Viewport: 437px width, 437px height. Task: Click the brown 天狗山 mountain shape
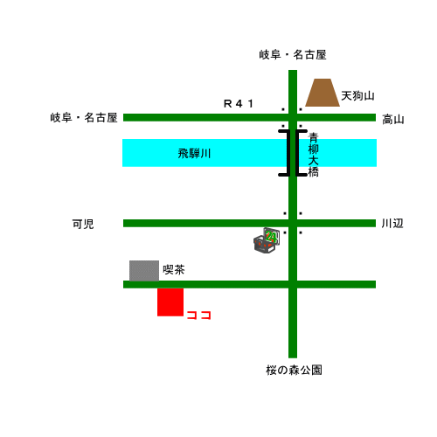[323, 93]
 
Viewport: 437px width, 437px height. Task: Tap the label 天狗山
[357, 96]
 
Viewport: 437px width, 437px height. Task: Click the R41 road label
[239, 103]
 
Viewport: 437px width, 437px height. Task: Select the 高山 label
[393, 120]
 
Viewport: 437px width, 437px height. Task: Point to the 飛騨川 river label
[194, 153]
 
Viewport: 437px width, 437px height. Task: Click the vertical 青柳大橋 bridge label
[313, 155]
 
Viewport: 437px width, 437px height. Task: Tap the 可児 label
[83, 224]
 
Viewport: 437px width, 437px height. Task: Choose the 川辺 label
[392, 224]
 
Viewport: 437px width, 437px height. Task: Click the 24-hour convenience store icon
[267, 240]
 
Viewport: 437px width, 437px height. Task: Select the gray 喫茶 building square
[144, 271]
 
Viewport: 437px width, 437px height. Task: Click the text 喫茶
[174, 269]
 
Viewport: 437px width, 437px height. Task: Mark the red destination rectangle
[170, 302]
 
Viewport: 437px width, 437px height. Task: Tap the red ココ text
[198, 315]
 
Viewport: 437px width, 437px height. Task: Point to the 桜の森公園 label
[294, 370]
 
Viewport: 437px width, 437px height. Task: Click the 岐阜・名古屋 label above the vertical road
[293, 54]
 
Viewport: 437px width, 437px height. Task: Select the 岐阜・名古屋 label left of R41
[84, 118]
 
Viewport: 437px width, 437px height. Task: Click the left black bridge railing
[287, 153]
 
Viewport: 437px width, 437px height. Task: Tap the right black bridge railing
[299, 153]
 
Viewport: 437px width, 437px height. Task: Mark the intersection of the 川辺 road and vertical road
[293, 223]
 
